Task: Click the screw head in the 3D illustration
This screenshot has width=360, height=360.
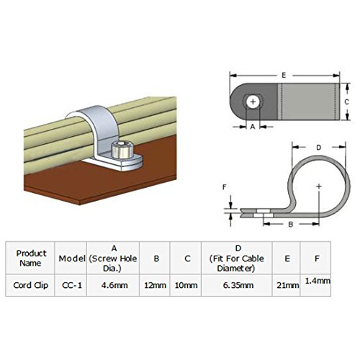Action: pyautogui.click(x=122, y=150)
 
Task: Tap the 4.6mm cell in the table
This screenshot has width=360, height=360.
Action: pyautogui.click(x=114, y=285)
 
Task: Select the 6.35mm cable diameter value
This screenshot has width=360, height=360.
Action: pyautogui.click(x=238, y=285)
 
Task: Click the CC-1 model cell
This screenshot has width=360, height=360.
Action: pyautogui.click(x=72, y=285)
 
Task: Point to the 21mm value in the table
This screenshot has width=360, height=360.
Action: pyautogui.click(x=287, y=285)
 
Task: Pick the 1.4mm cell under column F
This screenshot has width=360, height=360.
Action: pyautogui.click(x=318, y=281)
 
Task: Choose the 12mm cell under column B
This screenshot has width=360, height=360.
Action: pyautogui.click(x=155, y=285)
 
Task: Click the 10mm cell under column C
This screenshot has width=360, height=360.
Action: pyautogui.click(x=186, y=285)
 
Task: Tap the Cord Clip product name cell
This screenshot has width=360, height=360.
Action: pyautogui.click(x=31, y=285)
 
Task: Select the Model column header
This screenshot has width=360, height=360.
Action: pyautogui.click(x=72, y=258)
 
